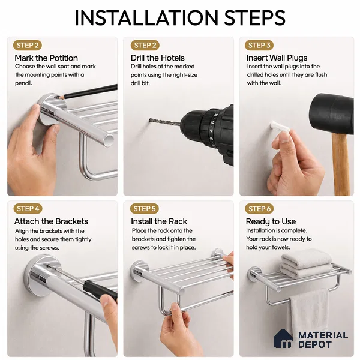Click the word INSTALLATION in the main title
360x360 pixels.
pyautogui.click(x=146, y=17)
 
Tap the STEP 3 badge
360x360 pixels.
pyautogui.click(x=259, y=45)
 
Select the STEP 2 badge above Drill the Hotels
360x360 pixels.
pyautogui.click(x=145, y=45)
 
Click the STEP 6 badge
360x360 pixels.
pyautogui.click(x=259, y=209)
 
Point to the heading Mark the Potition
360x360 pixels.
pyautogui.click(x=46, y=58)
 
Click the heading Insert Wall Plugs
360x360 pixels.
pyautogui.click(x=277, y=58)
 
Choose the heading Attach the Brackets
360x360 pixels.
pyautogui.click(x=51, y=221)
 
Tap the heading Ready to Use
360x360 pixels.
pyautogui.click(x=271, y=221)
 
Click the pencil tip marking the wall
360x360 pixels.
pyautogui.click(x=55, y=98)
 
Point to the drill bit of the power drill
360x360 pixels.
pyautogui.click(x=164, y=122)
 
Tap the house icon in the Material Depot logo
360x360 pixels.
pyautogui.click(x=283, y=338)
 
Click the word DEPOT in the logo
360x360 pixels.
pyautogui.click(x=315, y=344)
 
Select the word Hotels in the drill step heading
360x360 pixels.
pyautogui.click(x=172, y=58)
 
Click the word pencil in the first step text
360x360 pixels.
pyautogui.click(x=23, y=83)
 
